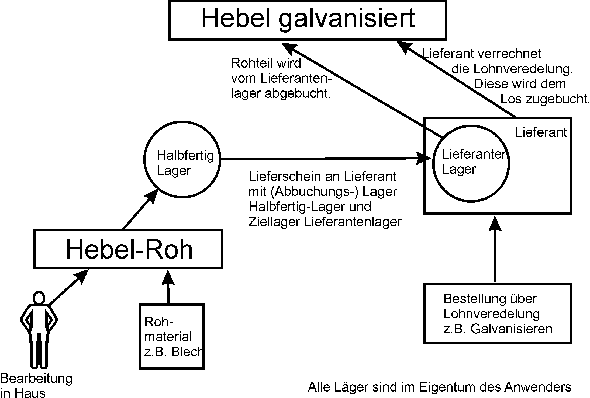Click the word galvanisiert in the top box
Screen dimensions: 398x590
pos(346,19)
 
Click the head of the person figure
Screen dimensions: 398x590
pos(39,298)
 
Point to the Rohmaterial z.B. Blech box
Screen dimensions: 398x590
pos(171,337)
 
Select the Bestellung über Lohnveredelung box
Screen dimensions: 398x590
pos(498,313)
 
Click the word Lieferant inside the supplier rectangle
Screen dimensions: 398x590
pos(541,132)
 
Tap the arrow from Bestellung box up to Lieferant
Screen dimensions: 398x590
pos(495,250)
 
